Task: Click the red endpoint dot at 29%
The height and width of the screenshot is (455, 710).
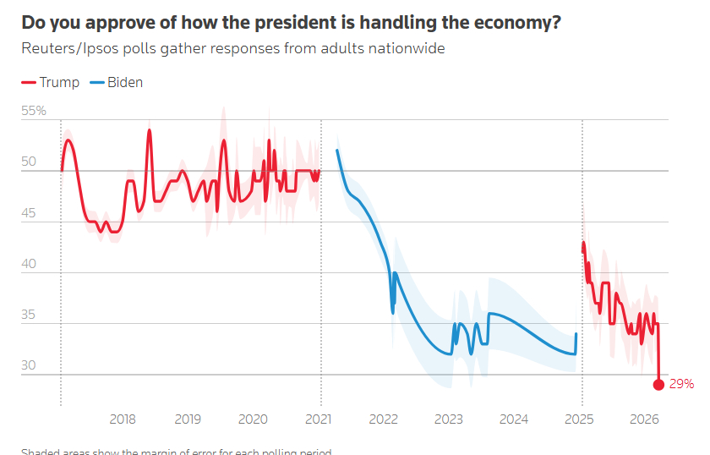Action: click(x=658, y=384)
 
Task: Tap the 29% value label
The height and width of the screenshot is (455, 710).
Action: click(x=681, y=384)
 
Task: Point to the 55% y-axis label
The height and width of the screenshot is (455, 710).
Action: click(x=34, y=111)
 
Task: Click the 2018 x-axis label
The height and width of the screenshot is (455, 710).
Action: click(x=123, y=419)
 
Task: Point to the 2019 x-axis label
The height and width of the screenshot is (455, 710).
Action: click(x=188, y=419)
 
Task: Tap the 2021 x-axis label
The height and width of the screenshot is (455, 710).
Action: click(x=319, y=419)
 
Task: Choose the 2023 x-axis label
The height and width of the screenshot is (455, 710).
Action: click(x=449, y=419)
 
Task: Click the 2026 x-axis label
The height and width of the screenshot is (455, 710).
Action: click(x=645, y=419)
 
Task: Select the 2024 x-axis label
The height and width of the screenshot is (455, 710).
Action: click(x=514, y=419)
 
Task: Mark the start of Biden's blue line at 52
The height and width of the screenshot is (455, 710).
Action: click(x=337, y=151)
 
